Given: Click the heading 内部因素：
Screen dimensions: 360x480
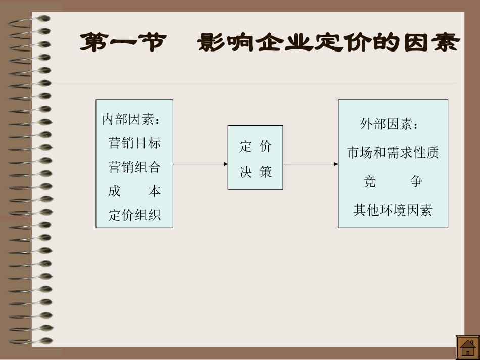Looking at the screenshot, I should [x=131, y=120].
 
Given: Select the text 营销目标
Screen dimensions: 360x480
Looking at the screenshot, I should [x=134, y=143].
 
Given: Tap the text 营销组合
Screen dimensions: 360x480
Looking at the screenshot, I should [x=134, y=167].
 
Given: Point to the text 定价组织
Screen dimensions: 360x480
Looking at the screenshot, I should [x=134, y=215].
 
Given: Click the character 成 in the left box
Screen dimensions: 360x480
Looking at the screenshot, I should [x=114, y=191].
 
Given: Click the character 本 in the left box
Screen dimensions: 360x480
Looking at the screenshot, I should [x=154, y=191].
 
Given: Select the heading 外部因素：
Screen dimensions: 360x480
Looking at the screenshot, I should [x=389, y=124].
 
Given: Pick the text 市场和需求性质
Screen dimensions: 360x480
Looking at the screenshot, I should [x=393, y=152].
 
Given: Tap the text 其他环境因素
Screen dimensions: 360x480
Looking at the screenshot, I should [x=393, y=210].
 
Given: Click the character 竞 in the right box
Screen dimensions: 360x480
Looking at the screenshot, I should [x=369, y=181].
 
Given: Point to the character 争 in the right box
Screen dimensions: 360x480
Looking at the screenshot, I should [x=416, y=181].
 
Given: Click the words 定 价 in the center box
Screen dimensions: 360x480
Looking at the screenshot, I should [x=255, y=147].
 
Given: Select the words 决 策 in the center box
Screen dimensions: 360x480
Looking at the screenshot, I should [x=255, y=172].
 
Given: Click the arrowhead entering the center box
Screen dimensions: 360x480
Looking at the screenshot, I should [x=226, y=164].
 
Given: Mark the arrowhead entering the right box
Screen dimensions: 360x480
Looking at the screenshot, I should [x=335, y=164].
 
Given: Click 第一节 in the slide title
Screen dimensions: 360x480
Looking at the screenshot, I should [x=123, y=43].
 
